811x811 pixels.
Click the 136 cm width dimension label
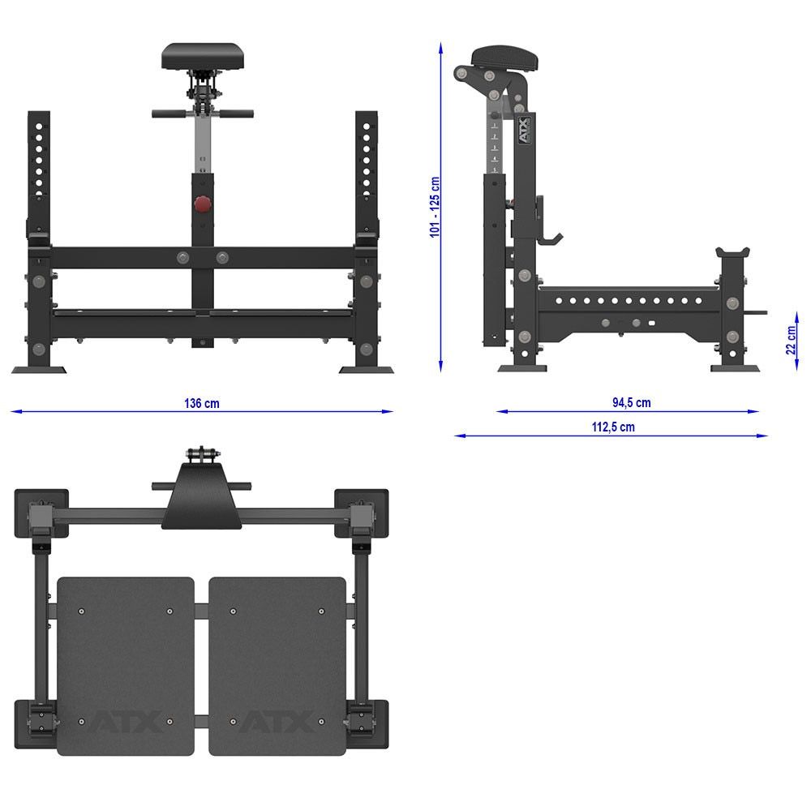tap(201, 403)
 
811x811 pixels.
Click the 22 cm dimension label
tap(792, 340)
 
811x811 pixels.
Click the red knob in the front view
tap(202, 204)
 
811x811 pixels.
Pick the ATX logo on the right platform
tap(277, 721)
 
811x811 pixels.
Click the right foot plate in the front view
tap(366, 370)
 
